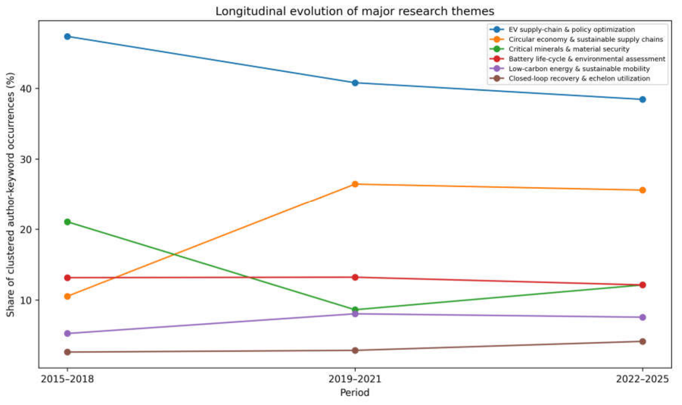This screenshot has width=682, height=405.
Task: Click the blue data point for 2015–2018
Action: (67, 37)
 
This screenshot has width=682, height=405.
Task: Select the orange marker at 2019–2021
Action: (355, 184)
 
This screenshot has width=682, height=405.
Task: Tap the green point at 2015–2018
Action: (67, 222)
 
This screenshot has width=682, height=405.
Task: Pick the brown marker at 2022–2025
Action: (643, 342)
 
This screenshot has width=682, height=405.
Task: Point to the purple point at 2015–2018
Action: (67, 334)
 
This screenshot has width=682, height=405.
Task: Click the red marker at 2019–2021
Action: (355, 277)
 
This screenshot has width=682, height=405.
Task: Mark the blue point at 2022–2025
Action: (643, 99)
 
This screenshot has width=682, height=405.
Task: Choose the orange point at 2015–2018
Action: (67, 297)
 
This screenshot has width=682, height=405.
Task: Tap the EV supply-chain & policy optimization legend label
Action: (572, 30)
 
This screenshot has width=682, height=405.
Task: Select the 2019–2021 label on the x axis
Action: (355, 379)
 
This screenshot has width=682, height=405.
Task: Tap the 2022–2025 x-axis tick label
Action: (643, 379)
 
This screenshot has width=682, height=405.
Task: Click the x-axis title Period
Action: (355, 393)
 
